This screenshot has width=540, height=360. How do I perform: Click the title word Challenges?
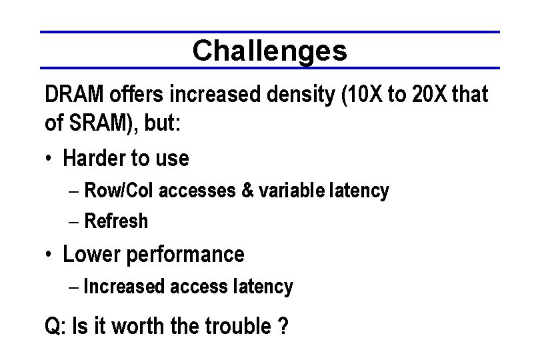[270, 51]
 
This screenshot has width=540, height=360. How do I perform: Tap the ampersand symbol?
[246, 191]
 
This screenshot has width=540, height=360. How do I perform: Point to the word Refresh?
[116, 221]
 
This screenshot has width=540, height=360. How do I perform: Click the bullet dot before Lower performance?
[49, 255]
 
